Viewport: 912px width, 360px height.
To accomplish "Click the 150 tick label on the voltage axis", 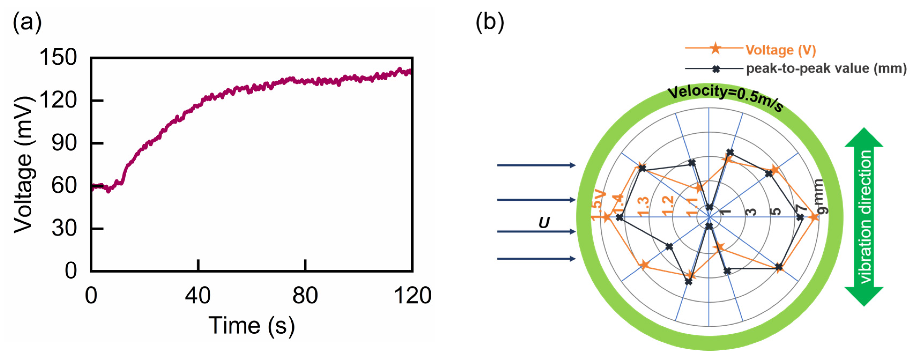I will pos(58,57).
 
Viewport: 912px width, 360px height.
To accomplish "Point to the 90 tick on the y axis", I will pos(64,143).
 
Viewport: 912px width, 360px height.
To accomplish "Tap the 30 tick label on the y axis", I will pos(64,228).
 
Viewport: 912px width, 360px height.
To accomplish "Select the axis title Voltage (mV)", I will pos(24,165).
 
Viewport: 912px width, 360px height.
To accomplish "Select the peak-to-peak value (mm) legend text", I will pos(826,68).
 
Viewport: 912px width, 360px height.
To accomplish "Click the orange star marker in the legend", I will pos(716,48).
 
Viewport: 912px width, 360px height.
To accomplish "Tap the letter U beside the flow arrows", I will pos(544,223).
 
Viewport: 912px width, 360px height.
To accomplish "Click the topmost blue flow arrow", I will pos(536,165).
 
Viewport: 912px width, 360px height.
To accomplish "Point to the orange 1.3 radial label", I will pos(643,206).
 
